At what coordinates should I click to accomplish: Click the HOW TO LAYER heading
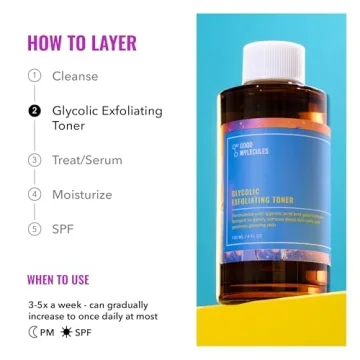point(81,43)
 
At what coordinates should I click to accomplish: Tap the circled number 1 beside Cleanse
point(34,76)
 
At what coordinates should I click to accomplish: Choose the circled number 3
point(34,160)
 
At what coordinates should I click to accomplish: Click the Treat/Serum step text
point(95,160)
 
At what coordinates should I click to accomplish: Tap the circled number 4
point(34,194)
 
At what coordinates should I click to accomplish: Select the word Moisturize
point(91,194)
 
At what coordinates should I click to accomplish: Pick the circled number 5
point(34,229)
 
